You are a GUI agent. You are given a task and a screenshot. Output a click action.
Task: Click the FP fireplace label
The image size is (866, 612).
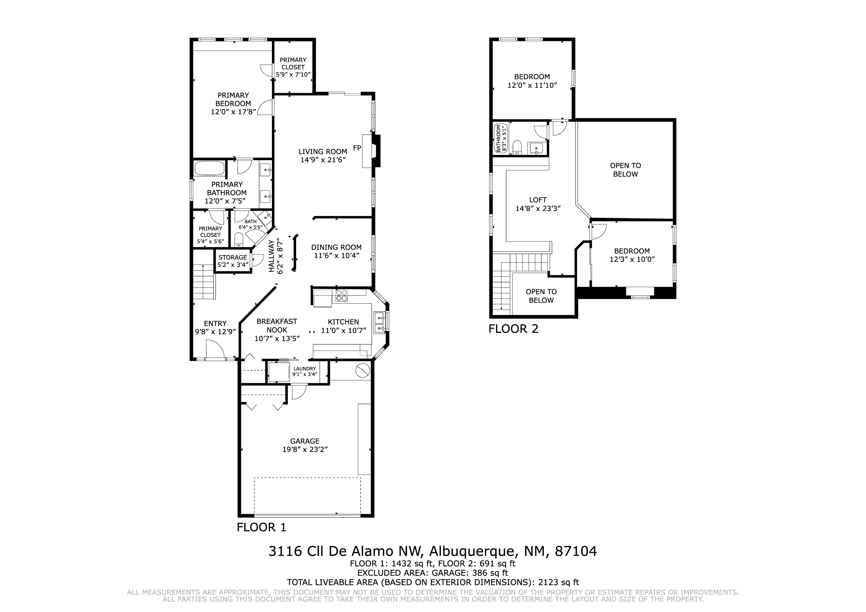357,148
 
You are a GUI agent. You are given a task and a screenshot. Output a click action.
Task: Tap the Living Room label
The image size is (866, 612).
323,151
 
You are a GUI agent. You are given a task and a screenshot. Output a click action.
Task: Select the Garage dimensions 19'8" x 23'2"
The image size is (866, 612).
305,450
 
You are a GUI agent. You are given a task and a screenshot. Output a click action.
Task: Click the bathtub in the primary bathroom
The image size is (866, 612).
209,168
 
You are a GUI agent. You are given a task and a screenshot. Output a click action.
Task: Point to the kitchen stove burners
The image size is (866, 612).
341,296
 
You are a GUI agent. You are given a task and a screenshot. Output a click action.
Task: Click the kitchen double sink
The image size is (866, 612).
379,323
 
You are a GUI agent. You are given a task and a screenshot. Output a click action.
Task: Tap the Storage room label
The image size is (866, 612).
233,258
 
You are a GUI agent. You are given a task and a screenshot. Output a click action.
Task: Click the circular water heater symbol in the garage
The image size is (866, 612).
363,370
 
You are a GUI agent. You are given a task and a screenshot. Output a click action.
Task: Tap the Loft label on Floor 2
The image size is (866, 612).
538,200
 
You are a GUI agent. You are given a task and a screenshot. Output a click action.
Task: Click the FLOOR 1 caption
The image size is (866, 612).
261,527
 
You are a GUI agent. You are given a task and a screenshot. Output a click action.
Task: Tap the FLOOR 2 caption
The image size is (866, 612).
513,329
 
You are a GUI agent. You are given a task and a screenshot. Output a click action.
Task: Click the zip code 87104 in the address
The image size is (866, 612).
576,551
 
